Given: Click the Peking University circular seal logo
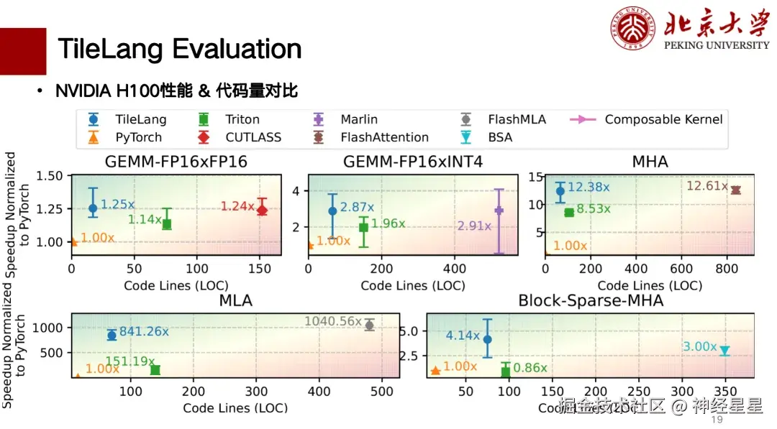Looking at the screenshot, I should click(x=633, y=29).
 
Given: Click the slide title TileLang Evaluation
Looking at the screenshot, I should click(x=179, y=49).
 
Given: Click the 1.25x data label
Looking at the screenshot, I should click(x=118, y=205).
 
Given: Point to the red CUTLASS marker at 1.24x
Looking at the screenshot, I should click(x=262, y=210).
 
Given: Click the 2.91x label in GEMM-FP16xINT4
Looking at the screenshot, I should click(x=474, y=226).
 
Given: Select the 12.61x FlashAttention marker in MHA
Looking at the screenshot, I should click(x=735, y=190).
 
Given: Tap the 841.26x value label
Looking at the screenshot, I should click(x=144, y=332).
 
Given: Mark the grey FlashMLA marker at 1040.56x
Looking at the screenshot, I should click(x=369, y=325).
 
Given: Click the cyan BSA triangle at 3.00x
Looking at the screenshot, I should click(x=724, y=351).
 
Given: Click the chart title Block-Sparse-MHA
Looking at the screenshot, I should click(x=591, y=300).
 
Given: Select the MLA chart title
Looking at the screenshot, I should click(x=235, y=300).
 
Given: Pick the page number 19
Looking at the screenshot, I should click(x=717, y=419).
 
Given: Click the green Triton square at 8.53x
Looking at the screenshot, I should click(x=569, y=212).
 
